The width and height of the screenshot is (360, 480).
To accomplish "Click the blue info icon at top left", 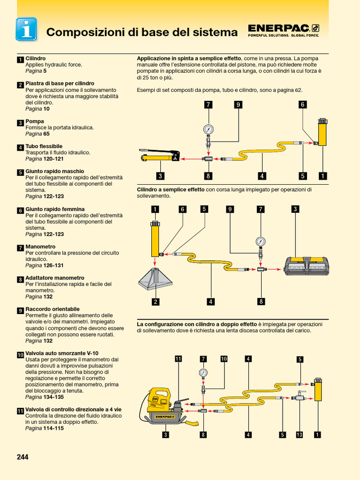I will pyautogui.click(x=26, y=29).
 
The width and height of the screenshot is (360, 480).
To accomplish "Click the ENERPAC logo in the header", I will pyautogui.click(x=283, y=30).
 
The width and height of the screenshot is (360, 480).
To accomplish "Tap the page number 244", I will pyautogui.click(x=22, y=457).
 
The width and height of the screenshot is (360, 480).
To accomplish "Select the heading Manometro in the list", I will pyautogui.click(x=40, y=247).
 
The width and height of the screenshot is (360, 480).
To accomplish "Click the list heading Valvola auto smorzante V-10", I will pyautogui.click(x=61, y=353).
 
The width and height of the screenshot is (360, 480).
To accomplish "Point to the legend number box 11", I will pyautogui.click(x=20, y=411).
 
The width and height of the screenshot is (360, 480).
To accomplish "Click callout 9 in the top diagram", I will pyautogui.click(x=238, y=105).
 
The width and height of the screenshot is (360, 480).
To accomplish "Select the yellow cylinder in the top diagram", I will pyautogui.click(x=322, y=133).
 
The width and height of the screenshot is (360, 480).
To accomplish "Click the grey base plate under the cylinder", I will pyautogui.click(x=155, y=279).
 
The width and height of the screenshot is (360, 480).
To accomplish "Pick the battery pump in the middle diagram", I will pyautogui.click(x=307, y=266).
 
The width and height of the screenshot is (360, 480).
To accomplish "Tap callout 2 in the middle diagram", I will pyautogui.click(x=155, y=302).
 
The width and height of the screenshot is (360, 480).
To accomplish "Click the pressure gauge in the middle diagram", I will pyautogui.click(x=261, y=242).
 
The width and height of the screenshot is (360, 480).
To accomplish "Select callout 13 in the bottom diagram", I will pyautogui.click(x=300, y=435).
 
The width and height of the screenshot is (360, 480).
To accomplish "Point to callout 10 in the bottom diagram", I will pyautogui.click(x=224, y=359).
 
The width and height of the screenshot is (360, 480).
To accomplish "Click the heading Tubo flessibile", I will pyautogui.click(x=44, y=146).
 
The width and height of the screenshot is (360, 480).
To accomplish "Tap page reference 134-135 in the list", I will pyautogui.click(x=53, y=397).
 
